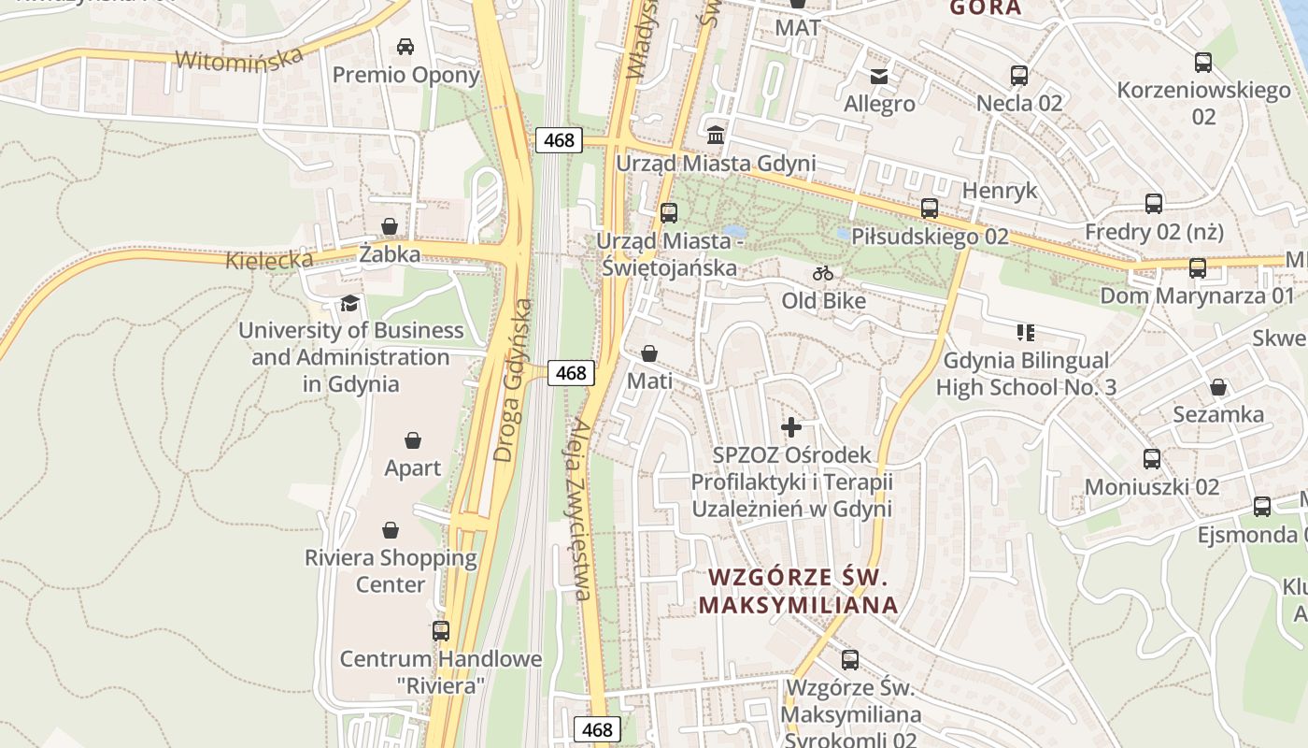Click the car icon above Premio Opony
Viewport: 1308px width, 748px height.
(405, 47)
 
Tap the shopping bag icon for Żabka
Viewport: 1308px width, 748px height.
(390, 226)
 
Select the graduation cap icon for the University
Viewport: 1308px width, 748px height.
(349, 303)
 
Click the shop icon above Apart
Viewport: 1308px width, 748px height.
(413, 440)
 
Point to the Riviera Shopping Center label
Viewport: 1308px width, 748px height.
(391, 570)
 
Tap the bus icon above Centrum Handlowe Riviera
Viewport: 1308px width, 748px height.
(441, 631)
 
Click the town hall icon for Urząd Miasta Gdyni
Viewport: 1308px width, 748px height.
(716, 136)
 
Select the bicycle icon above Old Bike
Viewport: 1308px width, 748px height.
(823, 273)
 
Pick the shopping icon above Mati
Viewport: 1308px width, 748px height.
(649, 353)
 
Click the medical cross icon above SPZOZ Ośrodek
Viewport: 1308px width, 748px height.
(791, 427)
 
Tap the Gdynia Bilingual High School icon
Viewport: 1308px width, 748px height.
(1026, 333)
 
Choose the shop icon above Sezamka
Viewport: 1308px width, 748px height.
(1218, 387)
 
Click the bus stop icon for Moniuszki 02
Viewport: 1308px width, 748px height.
(1152, 459)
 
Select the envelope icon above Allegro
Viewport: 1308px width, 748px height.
(879, 77)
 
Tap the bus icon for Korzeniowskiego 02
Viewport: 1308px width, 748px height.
(1203, 63)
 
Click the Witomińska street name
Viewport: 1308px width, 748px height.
(239, 59)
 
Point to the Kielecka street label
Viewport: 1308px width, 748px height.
(269, 259)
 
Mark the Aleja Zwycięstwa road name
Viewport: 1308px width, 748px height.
(580, 509)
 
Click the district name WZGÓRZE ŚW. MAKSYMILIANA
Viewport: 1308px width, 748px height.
(798, 590)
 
